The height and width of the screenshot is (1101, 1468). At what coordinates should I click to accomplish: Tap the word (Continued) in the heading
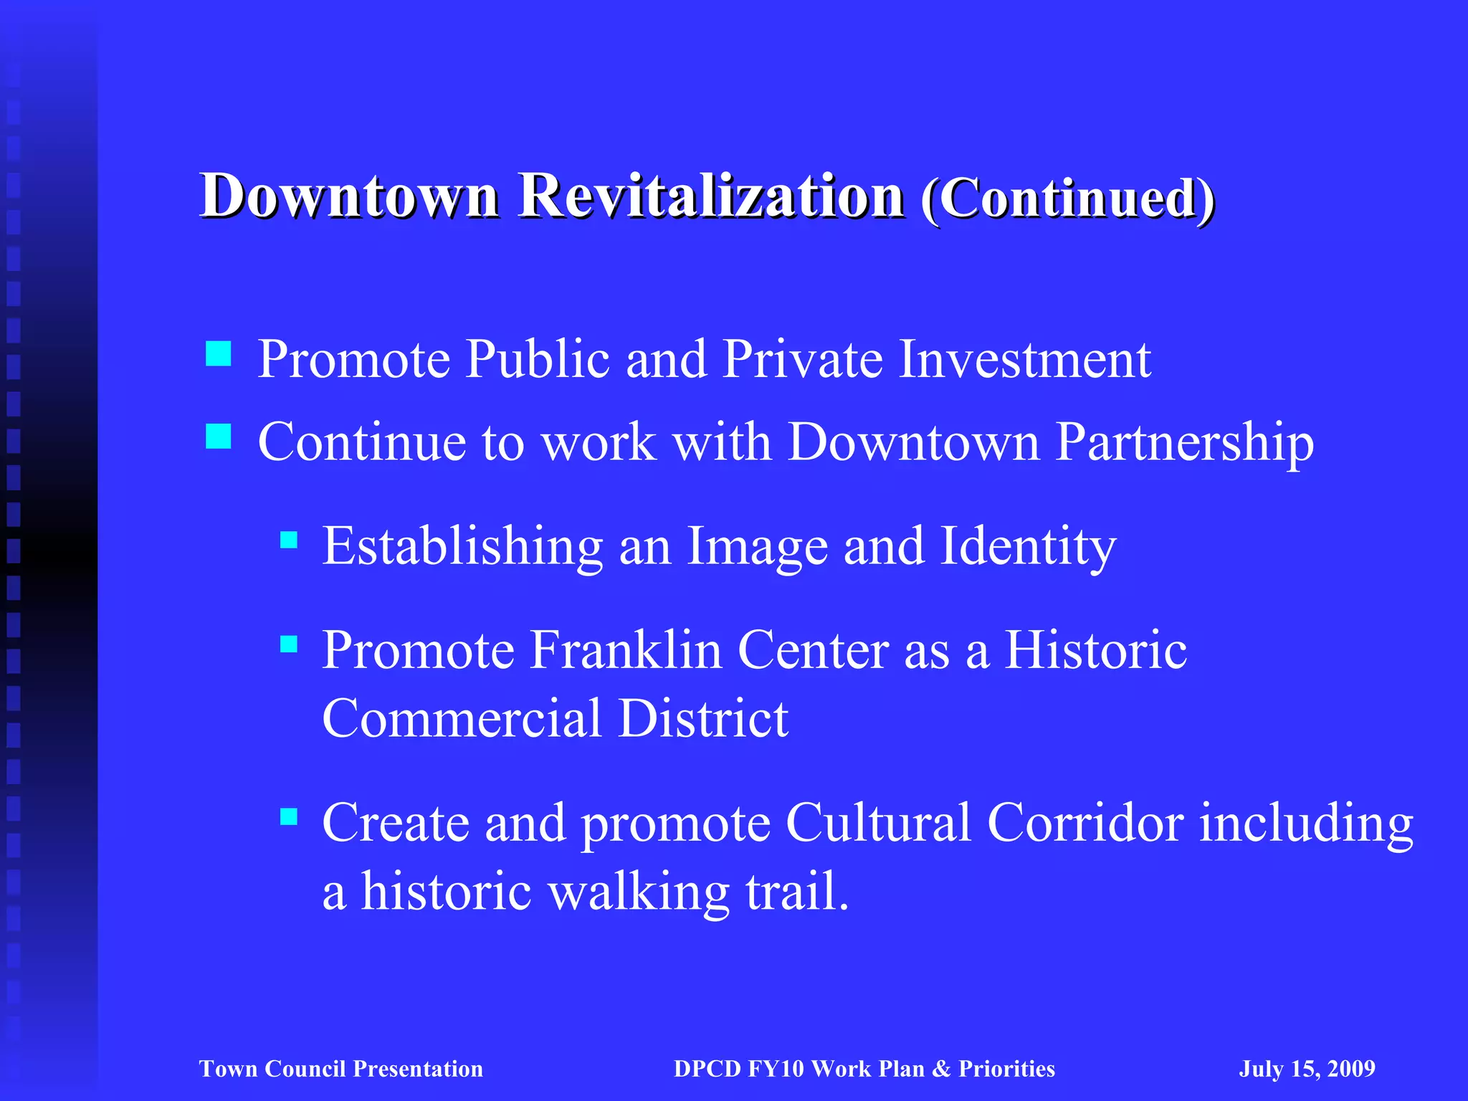click(x=1068, y=199)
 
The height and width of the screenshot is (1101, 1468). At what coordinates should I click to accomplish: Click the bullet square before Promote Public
click(x=218, y=353)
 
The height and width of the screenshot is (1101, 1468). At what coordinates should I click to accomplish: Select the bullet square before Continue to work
click(x=218, y=436)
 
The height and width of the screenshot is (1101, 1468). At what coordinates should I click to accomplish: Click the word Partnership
click(x=1185, y=442)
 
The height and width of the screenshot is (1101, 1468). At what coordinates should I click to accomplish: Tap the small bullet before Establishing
click(x=289, y=540)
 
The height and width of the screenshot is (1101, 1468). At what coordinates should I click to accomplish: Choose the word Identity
click(x=1028, y=547)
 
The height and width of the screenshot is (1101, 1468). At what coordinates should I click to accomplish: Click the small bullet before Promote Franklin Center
click(x=289, y=644)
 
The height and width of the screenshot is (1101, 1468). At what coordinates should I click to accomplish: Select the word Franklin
click(x=626, y=650)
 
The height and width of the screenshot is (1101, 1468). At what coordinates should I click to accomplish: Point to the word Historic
click(x=1095, y=650)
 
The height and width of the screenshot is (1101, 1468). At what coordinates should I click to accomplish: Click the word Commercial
click(x=462, y=718)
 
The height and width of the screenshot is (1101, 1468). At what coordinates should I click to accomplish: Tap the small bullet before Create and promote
click(x=289, y=816)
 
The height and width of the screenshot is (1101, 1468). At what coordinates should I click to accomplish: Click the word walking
click(x=639, y=892)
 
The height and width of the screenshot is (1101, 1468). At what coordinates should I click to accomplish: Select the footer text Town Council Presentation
click(x=341, y=1069)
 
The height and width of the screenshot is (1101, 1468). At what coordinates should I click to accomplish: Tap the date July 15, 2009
click(x=1307, y=1069)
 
